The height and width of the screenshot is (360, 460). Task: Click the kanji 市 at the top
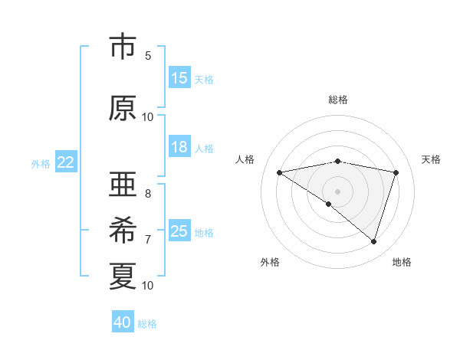pyautogui.click(x=123, y=47)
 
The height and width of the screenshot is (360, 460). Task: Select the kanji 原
pyautogui.click(x=123, y=109)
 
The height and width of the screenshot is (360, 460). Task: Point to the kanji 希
pyautogui.click(x=123, y=231)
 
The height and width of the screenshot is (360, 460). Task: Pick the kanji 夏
pyautogui.click(x=123, y=276)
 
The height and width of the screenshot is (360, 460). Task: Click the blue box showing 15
pyautogui.click(x=179, y=78)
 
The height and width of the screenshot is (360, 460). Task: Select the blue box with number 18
pyautogui.click(x=179, y=147)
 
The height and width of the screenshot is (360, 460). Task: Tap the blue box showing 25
pyautogui.click(x=179, y=231)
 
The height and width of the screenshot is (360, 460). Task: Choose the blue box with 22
pyautogui.click(x=66, y=162)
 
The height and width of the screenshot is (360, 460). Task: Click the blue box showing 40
pyautogui.click(x=123, y=322)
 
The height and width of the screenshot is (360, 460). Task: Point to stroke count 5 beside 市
pyautogui.click(x=148, y=55)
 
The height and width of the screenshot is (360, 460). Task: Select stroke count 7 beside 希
pyautogui.click(x=148, y=239)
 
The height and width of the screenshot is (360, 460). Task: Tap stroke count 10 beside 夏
pyautogui.click(x=148, y=285)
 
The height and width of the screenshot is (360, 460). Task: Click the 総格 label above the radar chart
pyautogui.click(x=338, y=100)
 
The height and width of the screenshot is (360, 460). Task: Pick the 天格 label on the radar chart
pyautogui.click(x=432, y=159)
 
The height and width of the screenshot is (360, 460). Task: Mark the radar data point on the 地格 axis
pyautogui.click(x=374, y=241)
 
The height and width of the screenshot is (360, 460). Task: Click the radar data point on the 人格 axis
pyautogui.click(x=280, y=172)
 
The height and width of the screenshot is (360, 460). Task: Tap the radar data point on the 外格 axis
pyautogui.click(x=329, y=204)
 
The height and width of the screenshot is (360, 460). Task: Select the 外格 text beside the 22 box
pyautogui.click(x=41, y=163)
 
